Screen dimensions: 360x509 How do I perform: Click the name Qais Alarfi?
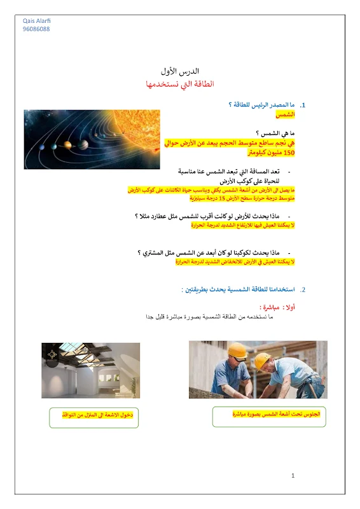coord(36,21)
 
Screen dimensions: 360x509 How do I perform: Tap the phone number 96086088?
coord(36,29)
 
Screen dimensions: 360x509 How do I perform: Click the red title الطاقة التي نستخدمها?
coord(179,83)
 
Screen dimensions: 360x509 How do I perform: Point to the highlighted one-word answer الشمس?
coord(286,115)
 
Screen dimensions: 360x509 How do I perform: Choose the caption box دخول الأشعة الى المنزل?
coord(93,415)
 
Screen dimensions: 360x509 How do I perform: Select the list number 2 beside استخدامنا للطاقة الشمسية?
coord(303,289)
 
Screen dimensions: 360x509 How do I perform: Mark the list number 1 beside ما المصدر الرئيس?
coord(303,104)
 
